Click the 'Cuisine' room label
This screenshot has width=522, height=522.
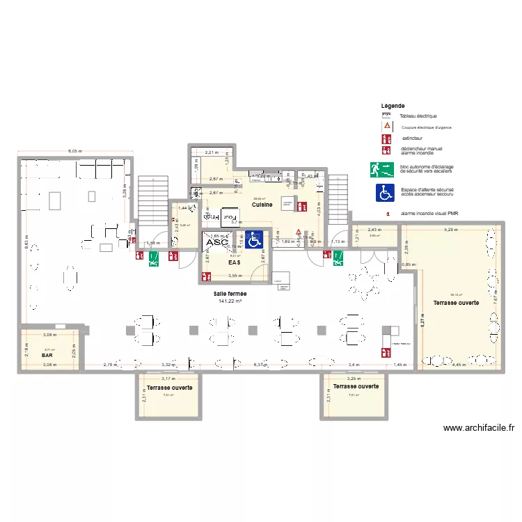[262, 205]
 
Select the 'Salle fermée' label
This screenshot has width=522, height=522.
[230, 294]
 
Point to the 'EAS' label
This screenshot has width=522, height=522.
[235, 264]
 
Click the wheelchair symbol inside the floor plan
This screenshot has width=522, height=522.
[254, 240]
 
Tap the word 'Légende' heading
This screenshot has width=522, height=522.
[393, 106]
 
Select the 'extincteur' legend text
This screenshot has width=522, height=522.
[412, 139]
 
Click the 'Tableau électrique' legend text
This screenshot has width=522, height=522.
[418, 116]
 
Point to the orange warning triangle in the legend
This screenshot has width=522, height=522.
[383, 126]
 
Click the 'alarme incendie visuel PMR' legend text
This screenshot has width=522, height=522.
[429, 214]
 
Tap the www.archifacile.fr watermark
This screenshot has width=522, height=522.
[478, 429]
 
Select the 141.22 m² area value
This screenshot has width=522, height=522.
[230, 301]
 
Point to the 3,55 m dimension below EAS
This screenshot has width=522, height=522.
[234, 275]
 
